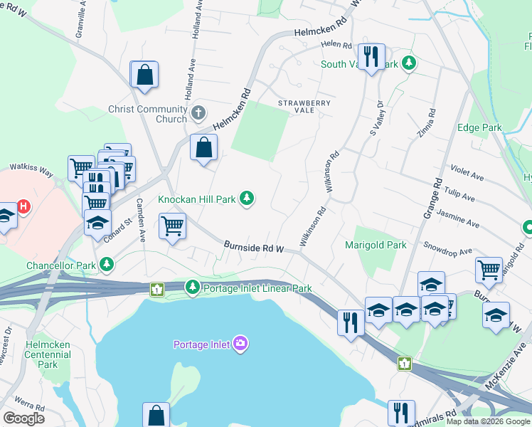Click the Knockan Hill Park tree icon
(247, 198)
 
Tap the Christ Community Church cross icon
(198, 113)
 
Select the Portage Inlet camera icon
(240, 344)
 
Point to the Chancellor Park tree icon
(107, 265)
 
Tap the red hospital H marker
(24, 207)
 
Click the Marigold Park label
(375, 245)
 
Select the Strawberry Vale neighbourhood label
(304, 106)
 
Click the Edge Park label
(479, 128)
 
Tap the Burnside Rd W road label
(254, 247)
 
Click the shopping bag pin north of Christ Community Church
(144, 75)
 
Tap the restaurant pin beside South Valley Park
(370, 57)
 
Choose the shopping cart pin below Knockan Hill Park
(172, 226)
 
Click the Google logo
(24, 418)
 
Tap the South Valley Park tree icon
(409, 64)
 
